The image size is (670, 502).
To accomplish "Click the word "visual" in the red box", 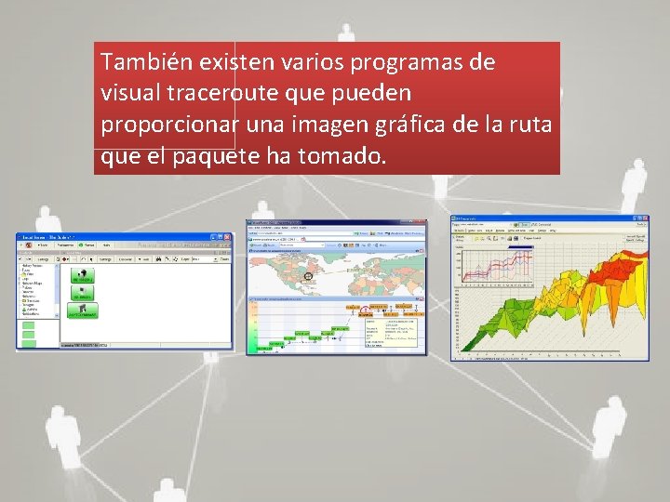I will click(128, 94).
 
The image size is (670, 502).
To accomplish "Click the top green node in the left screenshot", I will click(83, 276).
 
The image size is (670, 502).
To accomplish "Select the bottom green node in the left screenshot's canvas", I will click(83, 312).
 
